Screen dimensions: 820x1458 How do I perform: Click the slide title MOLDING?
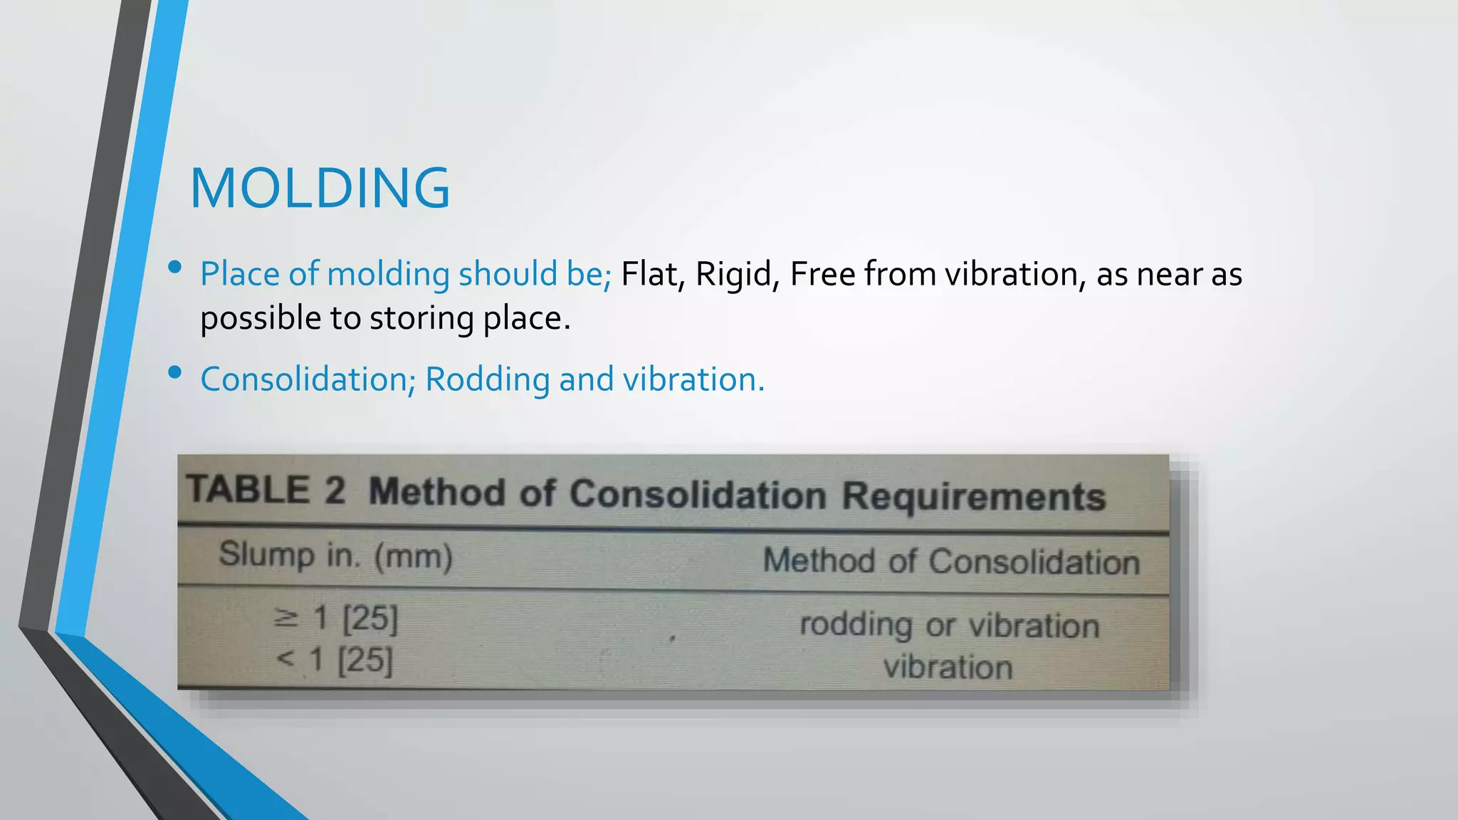(320, 189)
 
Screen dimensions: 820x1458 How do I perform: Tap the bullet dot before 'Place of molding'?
(175, 268)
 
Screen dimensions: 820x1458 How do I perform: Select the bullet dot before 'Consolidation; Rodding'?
(175, 372)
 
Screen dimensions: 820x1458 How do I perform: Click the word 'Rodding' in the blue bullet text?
(487, 380)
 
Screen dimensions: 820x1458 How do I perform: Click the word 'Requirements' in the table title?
(973, 496)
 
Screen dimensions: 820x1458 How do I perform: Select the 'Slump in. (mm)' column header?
(335, 555)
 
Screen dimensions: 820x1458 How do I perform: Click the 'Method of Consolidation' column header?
(951, 561)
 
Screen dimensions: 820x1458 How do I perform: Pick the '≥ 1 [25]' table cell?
(335, 618)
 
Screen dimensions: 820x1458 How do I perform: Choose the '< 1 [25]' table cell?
(335, 660)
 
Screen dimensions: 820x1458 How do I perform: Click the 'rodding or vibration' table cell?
(949, 626)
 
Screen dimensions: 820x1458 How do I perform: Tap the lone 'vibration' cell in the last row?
(948, 668)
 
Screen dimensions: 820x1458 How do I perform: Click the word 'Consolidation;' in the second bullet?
(308, 380)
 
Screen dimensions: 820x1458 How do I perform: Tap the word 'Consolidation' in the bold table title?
(698, 494)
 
